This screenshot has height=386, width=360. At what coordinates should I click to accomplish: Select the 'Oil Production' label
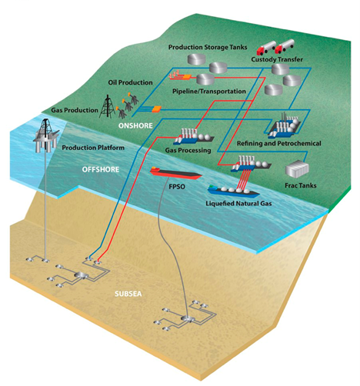(130, 79)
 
